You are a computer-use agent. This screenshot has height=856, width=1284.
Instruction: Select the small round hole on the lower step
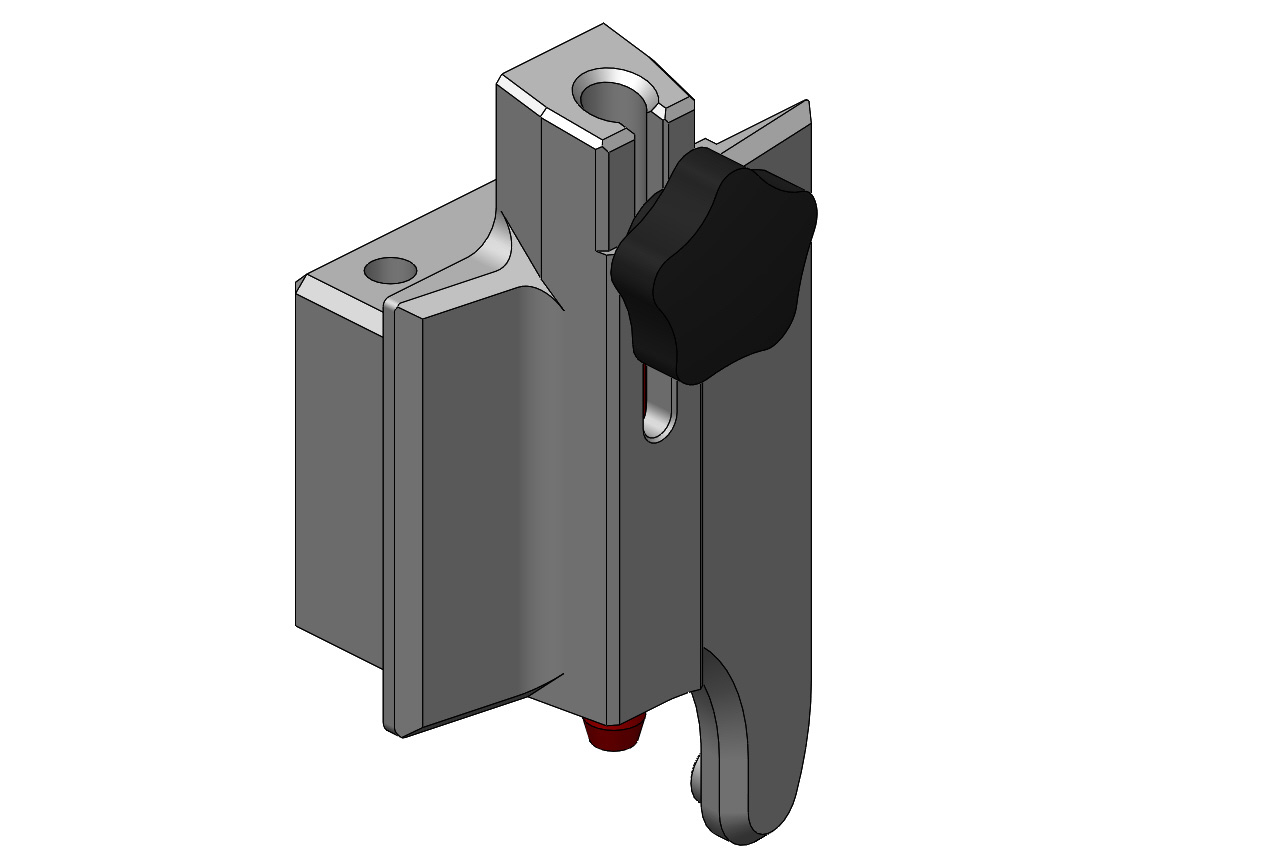pyautogui.click(x=389, y=270)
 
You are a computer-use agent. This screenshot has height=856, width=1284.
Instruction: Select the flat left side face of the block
pyautogui.click(x=338, y=470)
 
